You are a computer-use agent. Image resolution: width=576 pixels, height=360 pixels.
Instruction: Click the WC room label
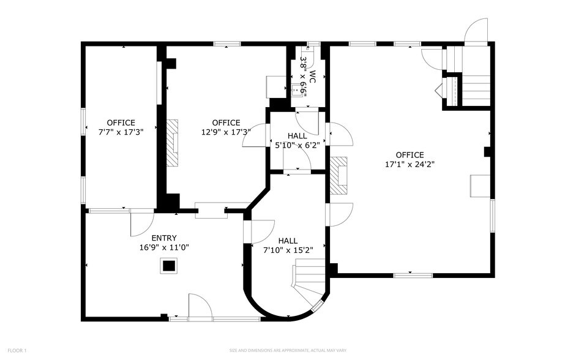(x=312, y=76)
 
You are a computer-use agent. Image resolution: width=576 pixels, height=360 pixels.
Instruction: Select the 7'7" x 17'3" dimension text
(x=121, y=132)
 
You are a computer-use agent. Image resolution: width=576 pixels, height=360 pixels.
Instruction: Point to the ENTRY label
(x=164, y=238)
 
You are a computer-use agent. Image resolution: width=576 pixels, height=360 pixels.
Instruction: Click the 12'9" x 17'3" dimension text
(x=226, y=132)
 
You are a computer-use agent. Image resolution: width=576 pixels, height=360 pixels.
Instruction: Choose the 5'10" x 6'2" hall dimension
(x=297, y=145)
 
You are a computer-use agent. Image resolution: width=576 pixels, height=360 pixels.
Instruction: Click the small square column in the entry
(x=168, y=266)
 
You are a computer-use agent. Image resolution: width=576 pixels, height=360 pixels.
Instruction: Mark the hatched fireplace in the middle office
(x=173, y=141)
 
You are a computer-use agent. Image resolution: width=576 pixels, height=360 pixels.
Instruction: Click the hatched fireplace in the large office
(x=338, y=176)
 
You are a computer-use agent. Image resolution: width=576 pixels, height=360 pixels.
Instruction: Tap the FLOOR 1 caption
(x=17, y=350)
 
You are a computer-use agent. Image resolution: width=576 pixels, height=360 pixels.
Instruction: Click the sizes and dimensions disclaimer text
(x=288, y=350)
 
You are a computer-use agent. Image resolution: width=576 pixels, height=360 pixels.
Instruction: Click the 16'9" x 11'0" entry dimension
(x=164, y=247)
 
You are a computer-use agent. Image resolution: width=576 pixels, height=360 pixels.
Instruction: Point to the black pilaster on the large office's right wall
(x=488, y=151)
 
